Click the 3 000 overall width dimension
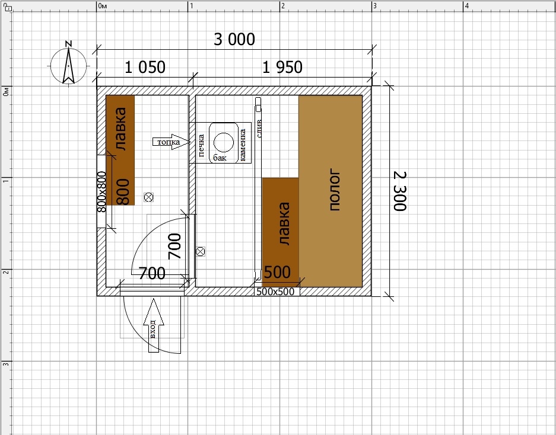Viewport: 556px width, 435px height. [x=234, y=39]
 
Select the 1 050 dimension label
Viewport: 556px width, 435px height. [x=145, y=68]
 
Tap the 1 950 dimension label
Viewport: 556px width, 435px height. [x=282, y=68]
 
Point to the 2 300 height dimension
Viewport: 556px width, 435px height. [x=400, y=191]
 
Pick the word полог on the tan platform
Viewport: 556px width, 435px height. [x=335, y=190]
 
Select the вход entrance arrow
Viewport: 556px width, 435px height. [x=154, y=325]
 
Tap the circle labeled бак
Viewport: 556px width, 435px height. [x=224, y=142]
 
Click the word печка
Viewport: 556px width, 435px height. [x=201, y=145]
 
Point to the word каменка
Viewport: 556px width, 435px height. [x=243, y=145]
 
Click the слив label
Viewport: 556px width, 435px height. [x=259, y=129]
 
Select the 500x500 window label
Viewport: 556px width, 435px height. [x=275, y=292]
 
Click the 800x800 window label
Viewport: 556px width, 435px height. [x=101, y=191]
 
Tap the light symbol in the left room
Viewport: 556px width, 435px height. [x=148, y=197]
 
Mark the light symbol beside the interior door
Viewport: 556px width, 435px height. [x=201, y=251]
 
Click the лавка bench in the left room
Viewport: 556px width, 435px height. [x=120, y=150]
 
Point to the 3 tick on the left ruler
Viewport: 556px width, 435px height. [x=6, y=364]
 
